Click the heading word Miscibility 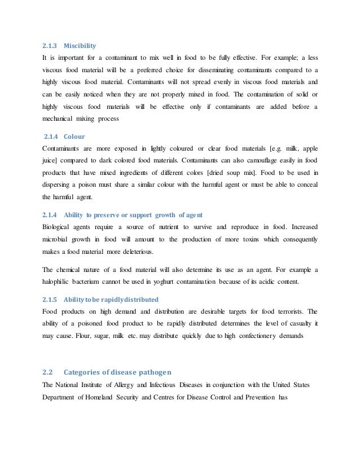(x=80, y=45)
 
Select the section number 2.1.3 (x=50, y=45)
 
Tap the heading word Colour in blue (x=75, y=136)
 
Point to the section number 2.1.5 (x=50, y=298)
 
